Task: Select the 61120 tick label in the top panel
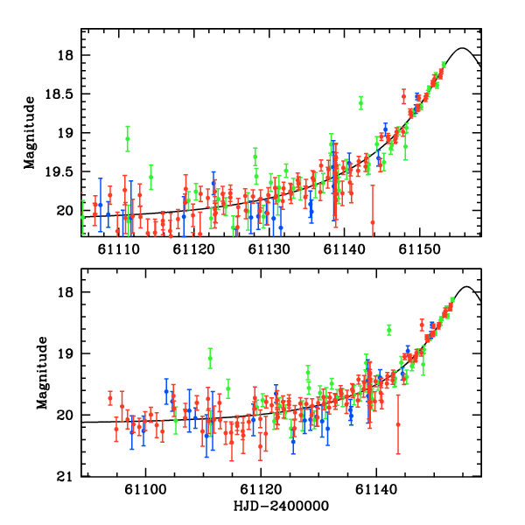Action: click(x=193, y=250)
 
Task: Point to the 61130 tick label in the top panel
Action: click(x=269, y=250)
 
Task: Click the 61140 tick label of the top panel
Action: click(x=345, y=250)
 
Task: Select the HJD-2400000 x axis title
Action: click(x=281, y=507)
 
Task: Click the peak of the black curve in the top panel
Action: click(x=462, y=48)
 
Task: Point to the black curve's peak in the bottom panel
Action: click(x=466, y=287)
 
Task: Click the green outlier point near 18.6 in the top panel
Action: click(x=360, y=103)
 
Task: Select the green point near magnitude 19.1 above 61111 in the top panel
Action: click(x=128, y=138)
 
